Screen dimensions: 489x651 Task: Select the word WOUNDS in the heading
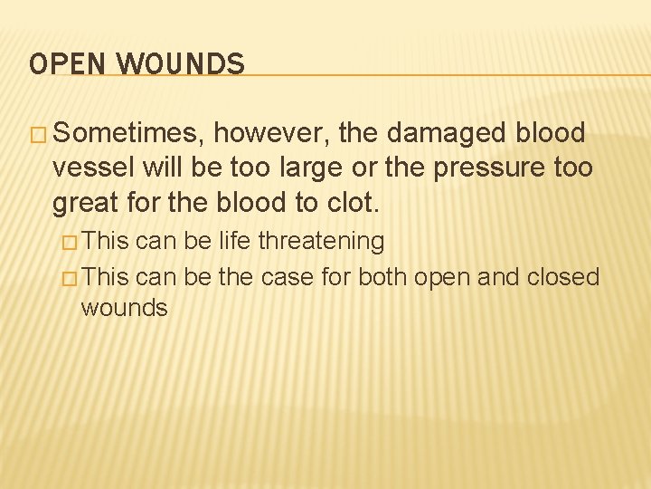(x=181, y=64)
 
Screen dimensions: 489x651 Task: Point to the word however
(x=273, y=134)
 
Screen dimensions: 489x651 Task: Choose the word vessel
(x=89, y=168)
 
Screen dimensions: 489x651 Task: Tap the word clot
(x=349, y=203)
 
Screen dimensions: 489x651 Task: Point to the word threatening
(x=322, y=242)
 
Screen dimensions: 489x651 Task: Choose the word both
(x=383, y=276)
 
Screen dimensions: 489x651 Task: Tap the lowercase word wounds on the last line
(x=124, y=308)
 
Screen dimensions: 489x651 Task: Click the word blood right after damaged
(x=550, y=134)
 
